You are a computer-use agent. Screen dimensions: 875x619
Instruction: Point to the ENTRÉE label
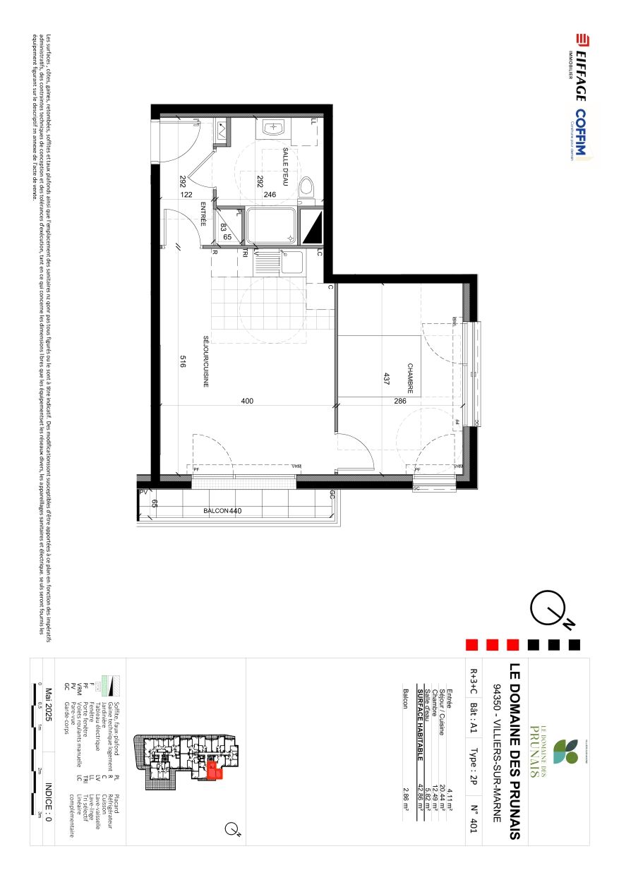[x=203, y=214]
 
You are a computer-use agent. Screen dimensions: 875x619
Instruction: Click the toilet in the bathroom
[x=306, y=188]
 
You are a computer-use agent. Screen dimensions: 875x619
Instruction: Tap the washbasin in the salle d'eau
[x=273, y=129]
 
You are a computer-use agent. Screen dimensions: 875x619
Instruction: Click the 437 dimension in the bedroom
[x=386, y=380]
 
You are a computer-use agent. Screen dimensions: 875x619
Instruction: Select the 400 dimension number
[x=247, y=402]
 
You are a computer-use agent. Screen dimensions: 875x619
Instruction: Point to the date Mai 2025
[x=49, y=721]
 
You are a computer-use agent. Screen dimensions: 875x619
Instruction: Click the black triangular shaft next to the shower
[x=311, y=227]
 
